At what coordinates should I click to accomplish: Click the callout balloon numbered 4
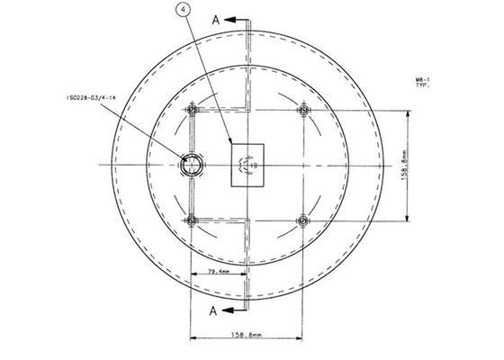(x=183, y=11)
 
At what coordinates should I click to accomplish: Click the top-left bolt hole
(x=191, y=111)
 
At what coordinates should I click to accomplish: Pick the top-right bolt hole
(x=303, y=111)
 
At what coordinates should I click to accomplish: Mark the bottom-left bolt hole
(x=191, y=220)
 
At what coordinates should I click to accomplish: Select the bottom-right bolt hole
(x=303, y=220)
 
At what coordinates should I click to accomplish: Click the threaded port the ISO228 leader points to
(x=189, y=165)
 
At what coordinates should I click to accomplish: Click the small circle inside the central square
(x=247, y=165)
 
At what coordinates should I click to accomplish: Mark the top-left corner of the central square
(x=230, y=142)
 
